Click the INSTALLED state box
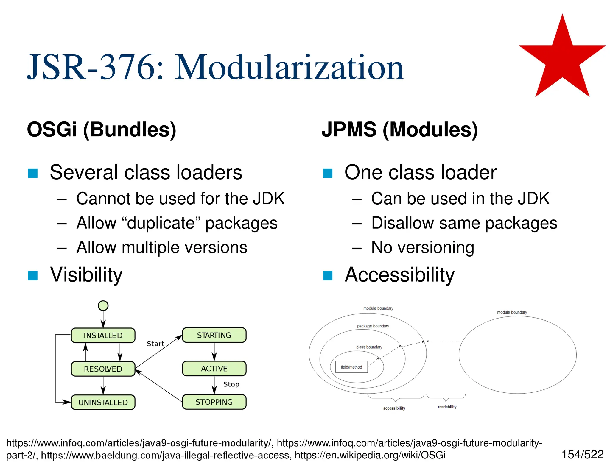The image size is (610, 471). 103,336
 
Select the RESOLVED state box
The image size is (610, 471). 103,369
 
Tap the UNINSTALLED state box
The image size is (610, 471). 103,402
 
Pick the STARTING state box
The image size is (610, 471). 214,335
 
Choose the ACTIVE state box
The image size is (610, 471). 214,369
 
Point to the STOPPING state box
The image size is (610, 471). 214,402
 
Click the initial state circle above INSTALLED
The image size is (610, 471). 103,305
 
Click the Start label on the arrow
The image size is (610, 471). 155,344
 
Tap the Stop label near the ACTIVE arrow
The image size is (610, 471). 231,384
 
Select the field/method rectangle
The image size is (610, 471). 351,367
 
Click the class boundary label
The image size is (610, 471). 369,347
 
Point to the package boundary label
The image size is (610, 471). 373,326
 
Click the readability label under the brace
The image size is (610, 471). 447,407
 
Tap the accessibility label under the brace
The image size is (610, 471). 394,408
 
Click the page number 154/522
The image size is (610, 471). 582,455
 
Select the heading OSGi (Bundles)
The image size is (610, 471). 102,130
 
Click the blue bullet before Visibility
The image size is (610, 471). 33,275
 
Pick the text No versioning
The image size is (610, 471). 422,247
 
